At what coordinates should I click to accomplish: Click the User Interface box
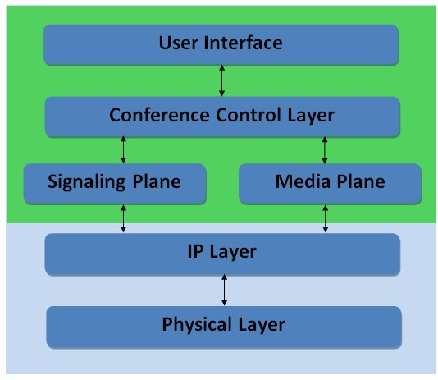point(221,45)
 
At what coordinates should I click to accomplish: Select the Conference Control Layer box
point(222,117)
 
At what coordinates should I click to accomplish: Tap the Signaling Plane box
point(115,184)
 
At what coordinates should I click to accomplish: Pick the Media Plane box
point(330,184)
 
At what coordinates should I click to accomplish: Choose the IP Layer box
point(222,254)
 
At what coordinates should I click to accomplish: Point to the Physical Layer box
point(224,327)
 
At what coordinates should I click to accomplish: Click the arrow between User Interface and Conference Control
point(221,80)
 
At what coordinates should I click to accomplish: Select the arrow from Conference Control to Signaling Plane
point(123,150)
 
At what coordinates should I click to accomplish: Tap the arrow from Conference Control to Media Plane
point(324,150)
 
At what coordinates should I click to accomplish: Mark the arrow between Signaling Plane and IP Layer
point(123,219)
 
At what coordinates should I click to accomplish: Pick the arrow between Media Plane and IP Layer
point(325,219)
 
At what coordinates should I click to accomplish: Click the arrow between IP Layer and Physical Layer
point(224,290)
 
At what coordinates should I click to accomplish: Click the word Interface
point(243,43)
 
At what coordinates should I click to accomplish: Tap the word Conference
point(159,115)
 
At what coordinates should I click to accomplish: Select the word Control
point(249,115)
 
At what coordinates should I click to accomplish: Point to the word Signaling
point(87,182)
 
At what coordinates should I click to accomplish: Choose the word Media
point(303,181)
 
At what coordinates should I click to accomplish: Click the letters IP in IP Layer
point(195,251)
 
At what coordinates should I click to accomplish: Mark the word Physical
point(198,325)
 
